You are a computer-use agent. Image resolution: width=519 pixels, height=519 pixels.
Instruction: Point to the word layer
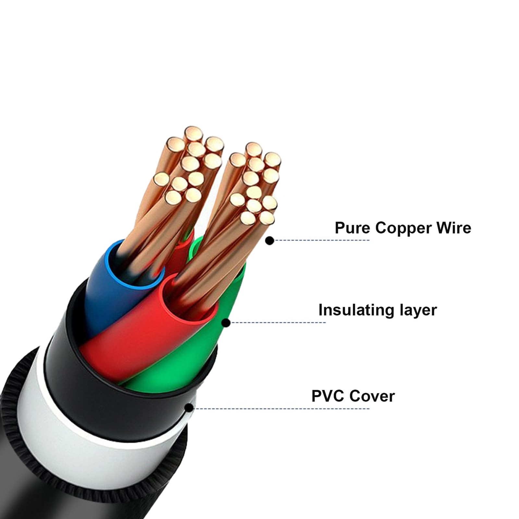point(418,310)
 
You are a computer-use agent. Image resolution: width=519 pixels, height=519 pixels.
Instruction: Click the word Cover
point(372,396)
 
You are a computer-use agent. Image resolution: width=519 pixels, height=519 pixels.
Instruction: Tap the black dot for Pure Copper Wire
point(270,240)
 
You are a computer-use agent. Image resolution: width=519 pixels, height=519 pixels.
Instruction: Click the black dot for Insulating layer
point(226,323)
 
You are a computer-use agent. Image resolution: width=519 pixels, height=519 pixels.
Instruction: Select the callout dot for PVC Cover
point(189,408)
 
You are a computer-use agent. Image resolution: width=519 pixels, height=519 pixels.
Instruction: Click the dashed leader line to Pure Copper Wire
point(321,240)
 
